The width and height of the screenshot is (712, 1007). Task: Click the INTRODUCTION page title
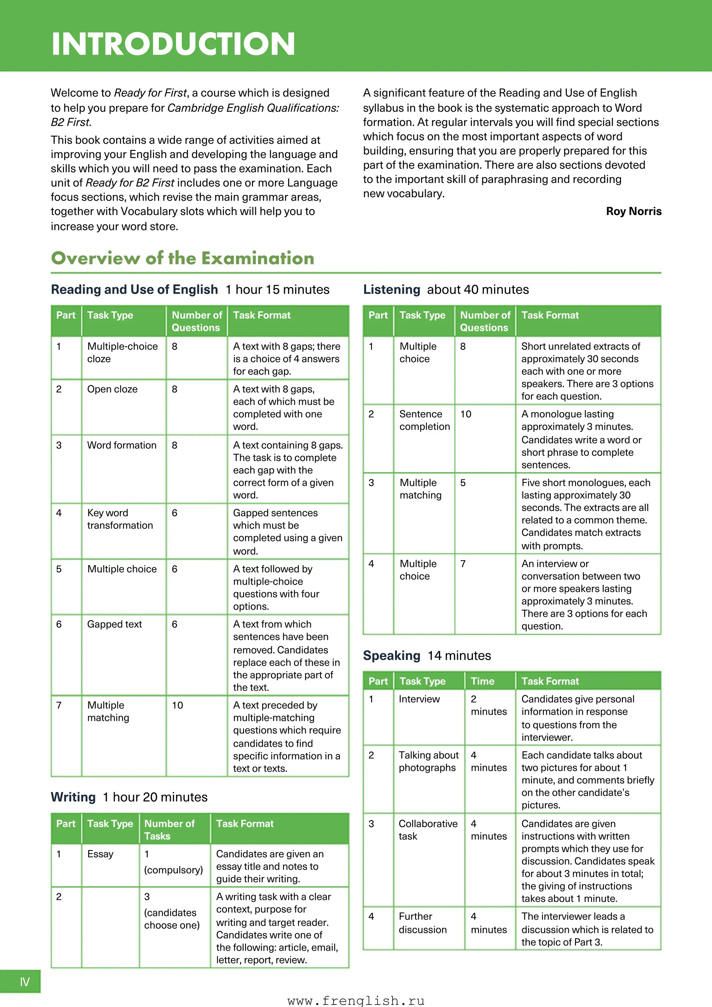(x=173, y=44)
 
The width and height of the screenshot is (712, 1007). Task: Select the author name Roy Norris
(x=633, y=212)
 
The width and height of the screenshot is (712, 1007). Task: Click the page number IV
(x=25, y=982)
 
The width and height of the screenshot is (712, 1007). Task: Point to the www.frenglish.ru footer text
(x=356, y=1000)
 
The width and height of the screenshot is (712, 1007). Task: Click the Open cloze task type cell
(x=112, y=389)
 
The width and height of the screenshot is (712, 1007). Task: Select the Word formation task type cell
(x=121, y=445)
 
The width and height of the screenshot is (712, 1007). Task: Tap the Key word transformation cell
(x=120, y=519)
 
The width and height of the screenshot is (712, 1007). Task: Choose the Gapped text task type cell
(x=114, y=624)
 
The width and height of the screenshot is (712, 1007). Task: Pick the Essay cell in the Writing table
(x=100, y=854)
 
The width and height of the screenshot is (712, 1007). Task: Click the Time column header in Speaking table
(x=482, y=681)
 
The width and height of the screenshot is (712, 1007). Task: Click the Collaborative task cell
(x=428, y=830)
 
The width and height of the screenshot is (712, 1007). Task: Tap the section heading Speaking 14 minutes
(x=427, y=656)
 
